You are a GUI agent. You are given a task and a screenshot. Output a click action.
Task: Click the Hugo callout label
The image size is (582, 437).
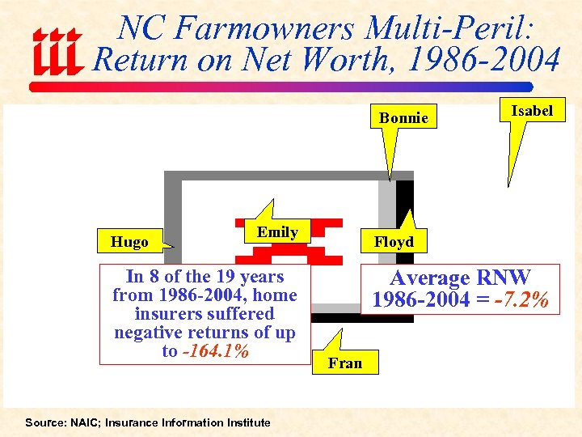pos(130,242)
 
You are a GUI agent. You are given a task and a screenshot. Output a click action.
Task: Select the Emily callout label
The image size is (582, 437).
pos(277,232)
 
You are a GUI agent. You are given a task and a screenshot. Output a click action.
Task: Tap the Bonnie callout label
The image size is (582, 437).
pos(403,118)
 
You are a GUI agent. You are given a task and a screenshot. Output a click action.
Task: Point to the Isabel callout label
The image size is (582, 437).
pos(532,111)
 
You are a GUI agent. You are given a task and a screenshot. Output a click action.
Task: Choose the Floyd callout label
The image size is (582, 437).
pos(393,242)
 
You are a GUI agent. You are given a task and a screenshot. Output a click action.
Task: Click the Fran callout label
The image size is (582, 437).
pos(345,363)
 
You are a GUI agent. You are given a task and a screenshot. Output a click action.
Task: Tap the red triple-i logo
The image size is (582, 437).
pos(57,51)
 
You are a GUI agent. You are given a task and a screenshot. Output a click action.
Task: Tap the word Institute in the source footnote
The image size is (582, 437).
pos(243,422)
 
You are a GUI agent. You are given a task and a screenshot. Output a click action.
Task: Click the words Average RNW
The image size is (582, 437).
pos(460,278)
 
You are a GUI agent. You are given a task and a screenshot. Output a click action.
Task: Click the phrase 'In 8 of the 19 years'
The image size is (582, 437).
pos(205,277)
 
